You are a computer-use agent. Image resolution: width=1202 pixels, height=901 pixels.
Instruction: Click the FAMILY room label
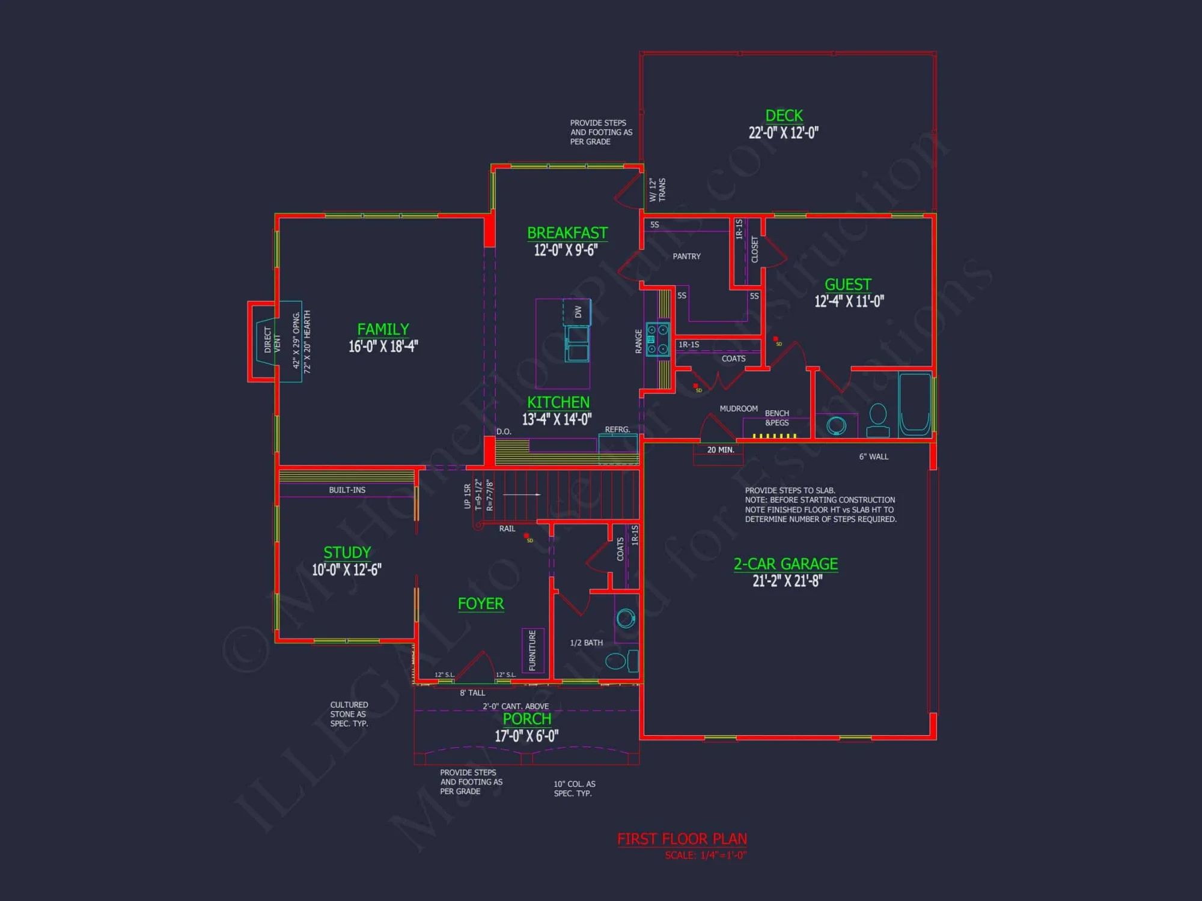tap(383, 329)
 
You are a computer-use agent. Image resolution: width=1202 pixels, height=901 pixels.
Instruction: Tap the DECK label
tap(784, 115)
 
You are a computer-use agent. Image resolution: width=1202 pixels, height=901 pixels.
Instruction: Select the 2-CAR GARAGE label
tap(786, 564)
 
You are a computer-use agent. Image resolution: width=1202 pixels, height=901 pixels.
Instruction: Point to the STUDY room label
tap(347, 553)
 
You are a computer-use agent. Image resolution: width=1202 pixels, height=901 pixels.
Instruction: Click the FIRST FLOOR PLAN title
tap(682, 839)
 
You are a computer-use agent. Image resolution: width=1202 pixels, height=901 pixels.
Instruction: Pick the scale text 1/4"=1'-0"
tap(706, 855)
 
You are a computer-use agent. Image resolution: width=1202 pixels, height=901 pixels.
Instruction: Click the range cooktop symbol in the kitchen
tap(657, 339)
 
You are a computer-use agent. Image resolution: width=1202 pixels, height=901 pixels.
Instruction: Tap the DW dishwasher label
tap(578, 312)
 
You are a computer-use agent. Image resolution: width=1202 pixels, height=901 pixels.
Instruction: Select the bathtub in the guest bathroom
tap(915, 404)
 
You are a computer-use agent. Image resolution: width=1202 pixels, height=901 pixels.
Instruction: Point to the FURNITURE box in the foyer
tap(532, 651)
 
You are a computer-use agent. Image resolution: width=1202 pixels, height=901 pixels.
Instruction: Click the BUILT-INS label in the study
tap(347, 490)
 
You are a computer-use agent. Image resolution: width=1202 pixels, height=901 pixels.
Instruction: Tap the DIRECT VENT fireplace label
tap(272, 340)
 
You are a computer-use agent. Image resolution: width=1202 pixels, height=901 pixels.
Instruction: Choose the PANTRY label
tap(686, 256)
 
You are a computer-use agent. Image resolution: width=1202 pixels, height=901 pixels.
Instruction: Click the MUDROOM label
tap(739, 408)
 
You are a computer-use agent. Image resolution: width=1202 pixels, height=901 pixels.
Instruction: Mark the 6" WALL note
tap(873, 457)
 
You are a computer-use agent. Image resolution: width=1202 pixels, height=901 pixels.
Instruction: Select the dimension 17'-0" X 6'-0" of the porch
tap(526, 736)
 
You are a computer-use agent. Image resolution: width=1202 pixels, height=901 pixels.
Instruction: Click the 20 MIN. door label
tap(721, 450)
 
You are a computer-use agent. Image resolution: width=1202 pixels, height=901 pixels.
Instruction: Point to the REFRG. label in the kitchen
tap(617, 429)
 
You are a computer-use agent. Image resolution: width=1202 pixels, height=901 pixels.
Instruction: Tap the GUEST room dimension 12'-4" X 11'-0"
tap(849, 302)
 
